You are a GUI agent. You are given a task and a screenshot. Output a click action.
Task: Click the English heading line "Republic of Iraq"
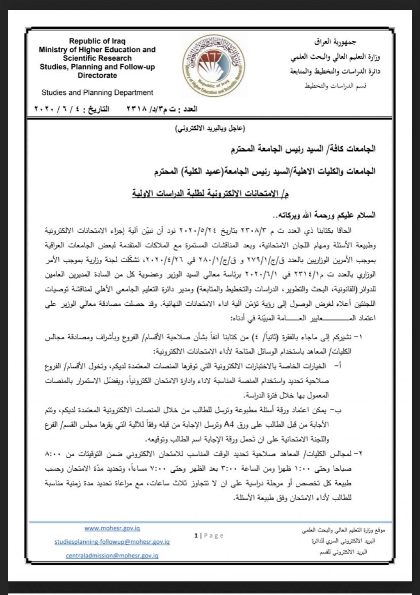click(x=97, y=41)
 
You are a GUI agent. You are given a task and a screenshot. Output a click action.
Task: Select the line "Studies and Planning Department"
click(x=97, y=93)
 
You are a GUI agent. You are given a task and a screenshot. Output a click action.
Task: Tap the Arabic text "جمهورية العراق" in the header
click(x=335, y=42)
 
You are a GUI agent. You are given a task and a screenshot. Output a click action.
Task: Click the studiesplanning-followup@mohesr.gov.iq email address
click(x=112, y=542)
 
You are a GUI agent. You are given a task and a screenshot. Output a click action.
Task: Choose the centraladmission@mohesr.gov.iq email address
click(x=112, y=556)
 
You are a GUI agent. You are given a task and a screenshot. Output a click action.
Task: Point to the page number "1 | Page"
click(x=209, y=535)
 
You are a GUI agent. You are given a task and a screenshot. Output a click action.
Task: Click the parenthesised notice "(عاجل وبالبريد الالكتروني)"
click(x=210, y=129)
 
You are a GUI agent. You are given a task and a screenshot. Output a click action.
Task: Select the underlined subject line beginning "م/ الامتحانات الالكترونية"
click(x=210, y=193)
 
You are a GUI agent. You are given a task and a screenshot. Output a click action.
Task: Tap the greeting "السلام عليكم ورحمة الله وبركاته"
click(x=327, y=215)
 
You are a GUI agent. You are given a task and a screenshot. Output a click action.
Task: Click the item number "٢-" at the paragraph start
click(x=358, y=454)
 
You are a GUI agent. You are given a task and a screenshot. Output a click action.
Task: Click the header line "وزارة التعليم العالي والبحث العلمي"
click(x=336, y=57)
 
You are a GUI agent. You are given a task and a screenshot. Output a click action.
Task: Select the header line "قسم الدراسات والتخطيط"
click(x=335, y=86)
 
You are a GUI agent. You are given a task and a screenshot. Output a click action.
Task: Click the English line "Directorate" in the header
click(x=97, y=76)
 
